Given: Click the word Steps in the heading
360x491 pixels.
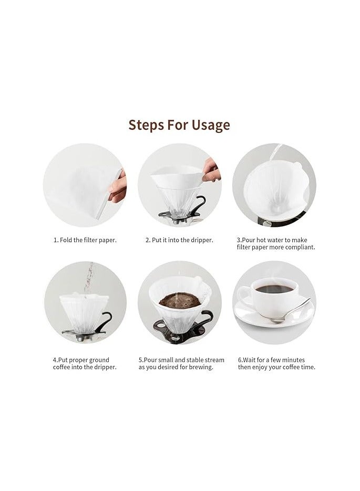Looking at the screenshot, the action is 146,125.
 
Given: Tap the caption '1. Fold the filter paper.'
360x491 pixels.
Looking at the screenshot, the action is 85,240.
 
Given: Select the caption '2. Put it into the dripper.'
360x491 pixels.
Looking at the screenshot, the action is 179,240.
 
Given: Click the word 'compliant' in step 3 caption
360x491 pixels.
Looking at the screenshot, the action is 299,247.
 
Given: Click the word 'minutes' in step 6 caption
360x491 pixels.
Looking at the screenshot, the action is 294,360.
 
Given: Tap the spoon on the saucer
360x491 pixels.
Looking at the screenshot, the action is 290,311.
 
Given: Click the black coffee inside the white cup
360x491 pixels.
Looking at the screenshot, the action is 274,289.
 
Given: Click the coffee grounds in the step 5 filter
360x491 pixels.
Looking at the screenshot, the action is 180,300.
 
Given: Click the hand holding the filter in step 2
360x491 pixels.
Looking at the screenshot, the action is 211,171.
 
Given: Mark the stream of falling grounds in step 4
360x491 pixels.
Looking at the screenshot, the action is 89,278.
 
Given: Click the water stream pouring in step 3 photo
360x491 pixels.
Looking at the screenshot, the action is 276,152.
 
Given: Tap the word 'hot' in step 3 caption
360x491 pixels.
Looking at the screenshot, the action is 261,240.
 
